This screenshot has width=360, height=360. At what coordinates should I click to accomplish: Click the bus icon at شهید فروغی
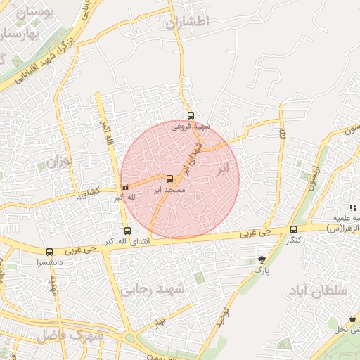(x=191, y=116)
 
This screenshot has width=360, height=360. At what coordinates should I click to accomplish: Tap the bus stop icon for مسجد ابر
(x=169, y=179)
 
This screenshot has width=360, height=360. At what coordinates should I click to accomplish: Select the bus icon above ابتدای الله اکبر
(x=127, y=231)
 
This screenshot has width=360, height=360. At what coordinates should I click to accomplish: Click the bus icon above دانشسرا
(x=49, y=252)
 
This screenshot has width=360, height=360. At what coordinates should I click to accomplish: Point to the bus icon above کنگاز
(x=293, y=229)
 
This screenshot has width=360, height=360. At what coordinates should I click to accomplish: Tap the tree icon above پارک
(x=262, y=259)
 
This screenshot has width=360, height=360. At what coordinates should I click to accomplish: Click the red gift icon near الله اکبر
(x=126, y=188)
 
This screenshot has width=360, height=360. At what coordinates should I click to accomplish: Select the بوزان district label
(x=59, y=162)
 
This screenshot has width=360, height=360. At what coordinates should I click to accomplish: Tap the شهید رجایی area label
(x=161, y=289)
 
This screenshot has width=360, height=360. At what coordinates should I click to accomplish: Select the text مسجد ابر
(x=169, y=190)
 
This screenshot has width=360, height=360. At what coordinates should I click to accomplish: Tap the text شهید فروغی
(x=191, y=127)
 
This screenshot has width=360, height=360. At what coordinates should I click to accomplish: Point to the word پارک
(x=262, y=270)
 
